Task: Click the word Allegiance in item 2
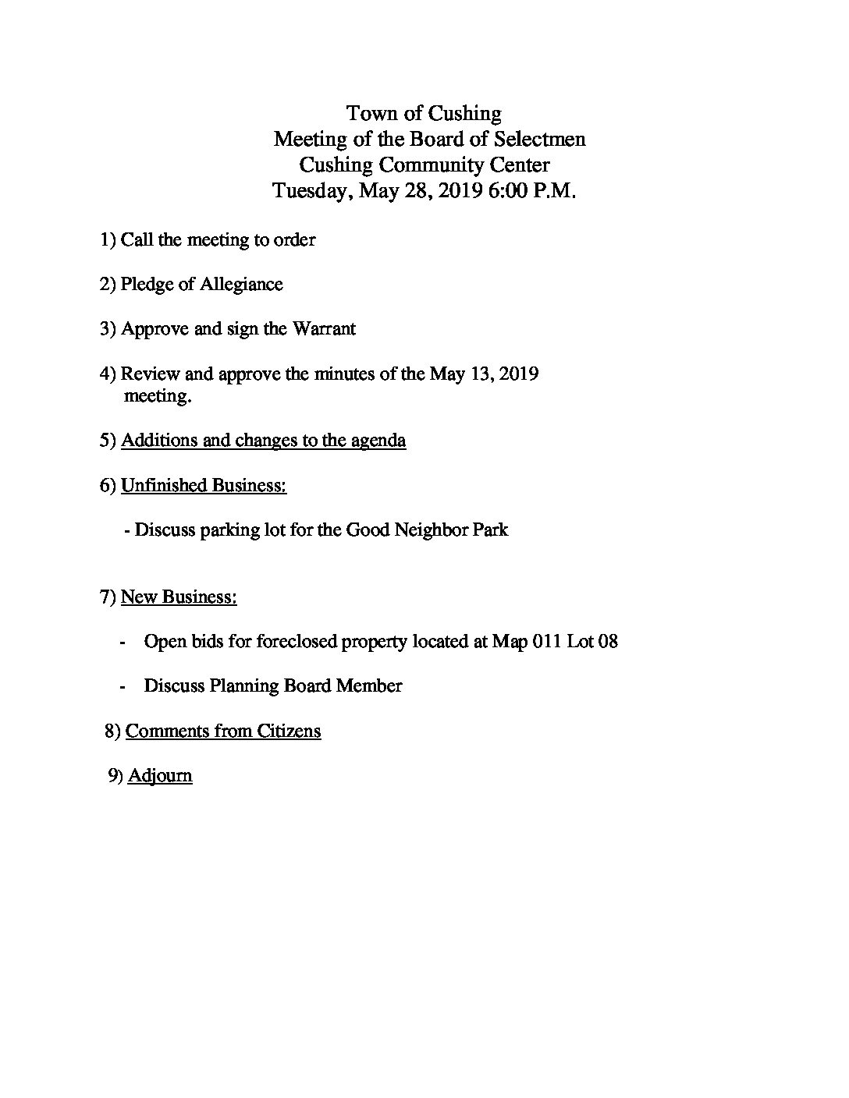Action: [241, 284]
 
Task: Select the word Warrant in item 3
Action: [324, 328]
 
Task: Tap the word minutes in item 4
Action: [344, 374]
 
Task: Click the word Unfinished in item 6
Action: [164, 485]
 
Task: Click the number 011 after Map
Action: [546, 642]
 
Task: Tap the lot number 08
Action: [607, 642]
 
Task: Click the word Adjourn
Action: [159, 776]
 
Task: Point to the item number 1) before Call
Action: [108, 239]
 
